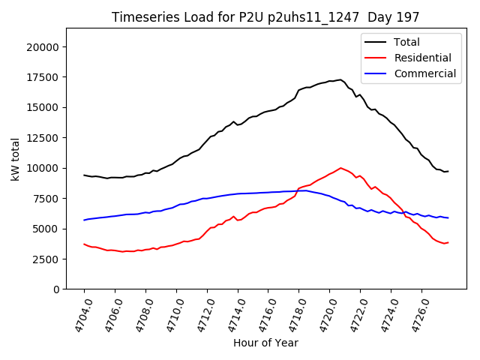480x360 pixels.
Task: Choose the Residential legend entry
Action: click(422, 58)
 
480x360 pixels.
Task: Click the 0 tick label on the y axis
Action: click(57, 289)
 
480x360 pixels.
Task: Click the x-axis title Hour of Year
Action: click(265, 343)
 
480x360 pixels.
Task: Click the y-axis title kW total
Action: click(15, 159)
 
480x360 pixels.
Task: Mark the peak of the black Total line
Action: click(340, 79)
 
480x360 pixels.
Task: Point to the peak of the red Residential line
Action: click(340, 168)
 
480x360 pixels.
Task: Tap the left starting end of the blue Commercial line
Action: click(84, 220)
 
